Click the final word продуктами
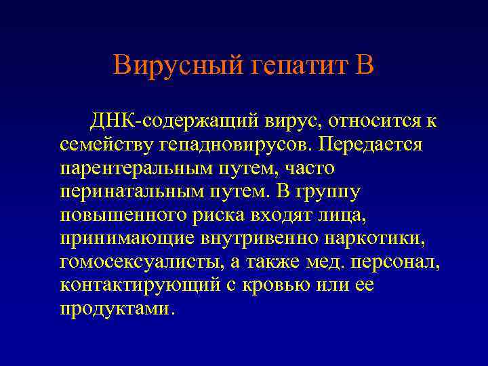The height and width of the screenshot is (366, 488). tap(117, 308)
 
